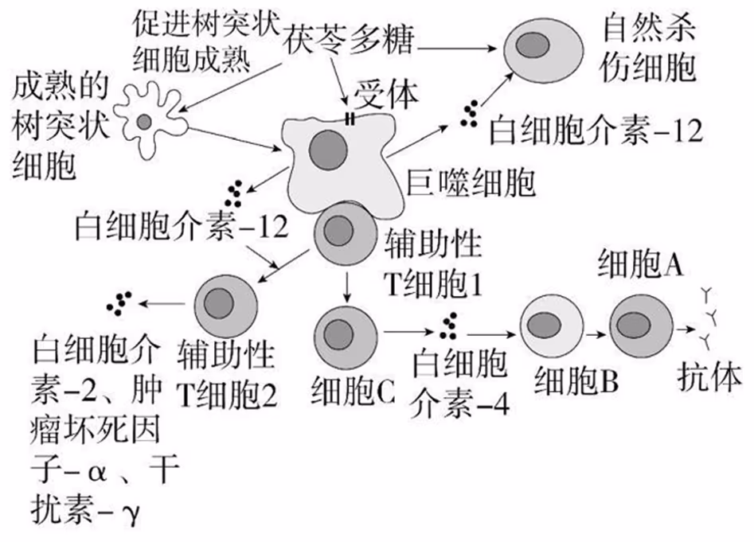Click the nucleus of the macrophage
click(x=326, y=149)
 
